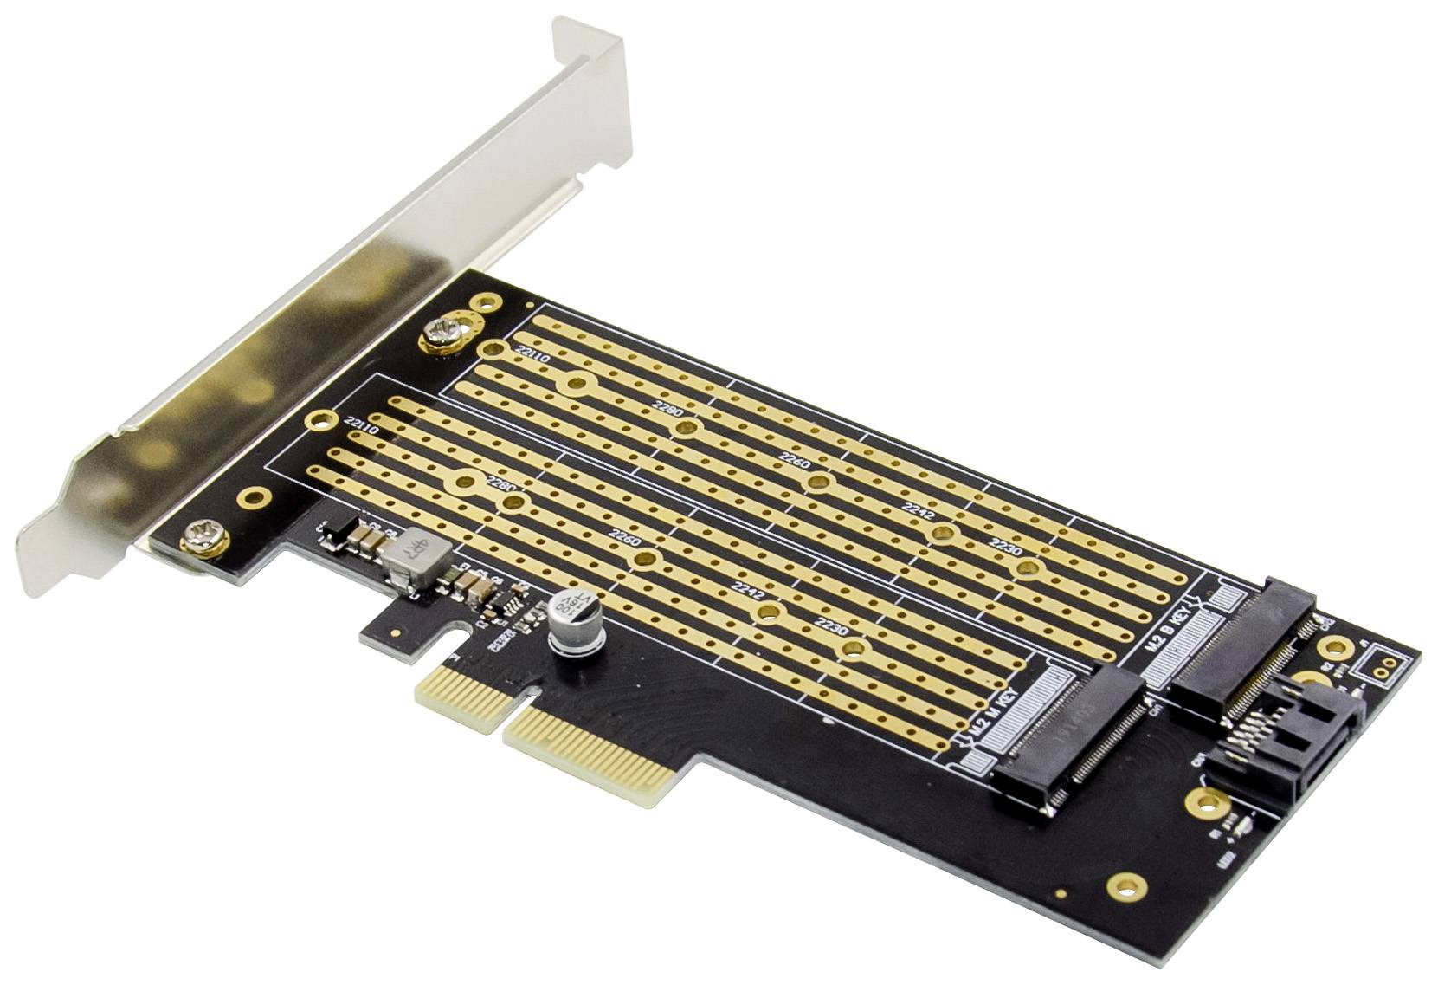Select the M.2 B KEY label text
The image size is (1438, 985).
(1174, 636)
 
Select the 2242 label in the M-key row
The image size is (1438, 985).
(748, 591)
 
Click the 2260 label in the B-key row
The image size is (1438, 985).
(794, 457)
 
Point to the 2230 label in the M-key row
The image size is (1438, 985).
(831, 625)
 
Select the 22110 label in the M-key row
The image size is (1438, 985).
(361, 427)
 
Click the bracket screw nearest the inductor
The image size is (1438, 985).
(204, 536)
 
